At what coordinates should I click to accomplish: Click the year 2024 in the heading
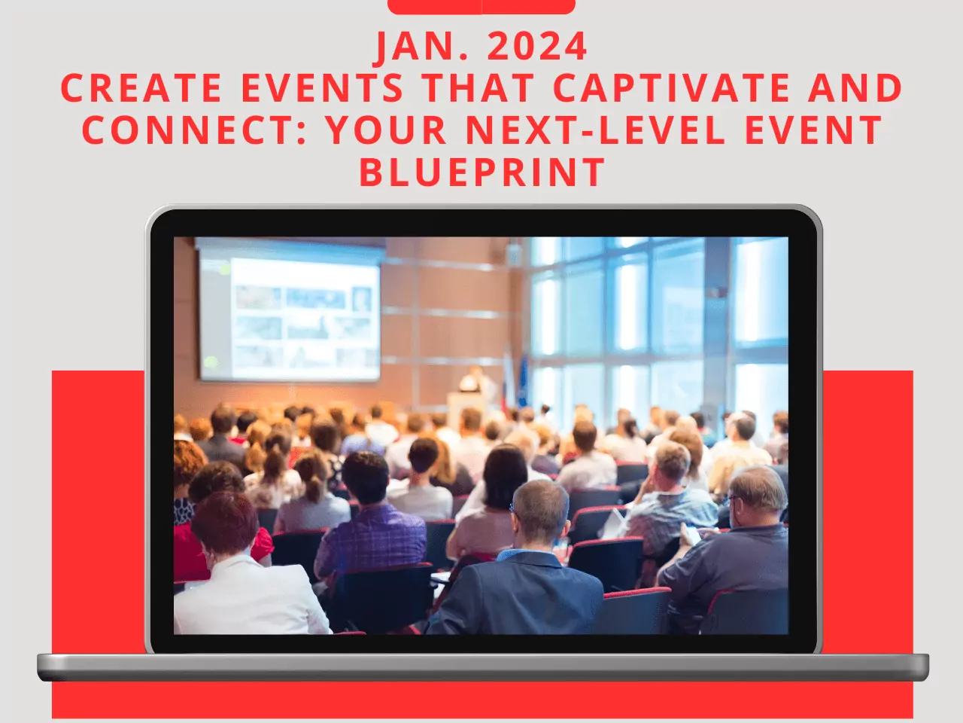click(x=537, y=46)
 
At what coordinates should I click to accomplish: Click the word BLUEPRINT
click(x=482, y=172)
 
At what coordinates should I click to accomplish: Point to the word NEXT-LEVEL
click(x=595, y=130)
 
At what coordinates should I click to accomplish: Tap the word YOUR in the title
click(x=387, y=130)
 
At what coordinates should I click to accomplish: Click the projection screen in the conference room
click(x=290, y=315)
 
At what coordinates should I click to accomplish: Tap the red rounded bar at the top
click(x=481, y=7)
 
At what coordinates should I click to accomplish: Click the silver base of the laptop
click(x=482, y=667)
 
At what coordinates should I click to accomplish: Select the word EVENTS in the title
click(x=323, y=87)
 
